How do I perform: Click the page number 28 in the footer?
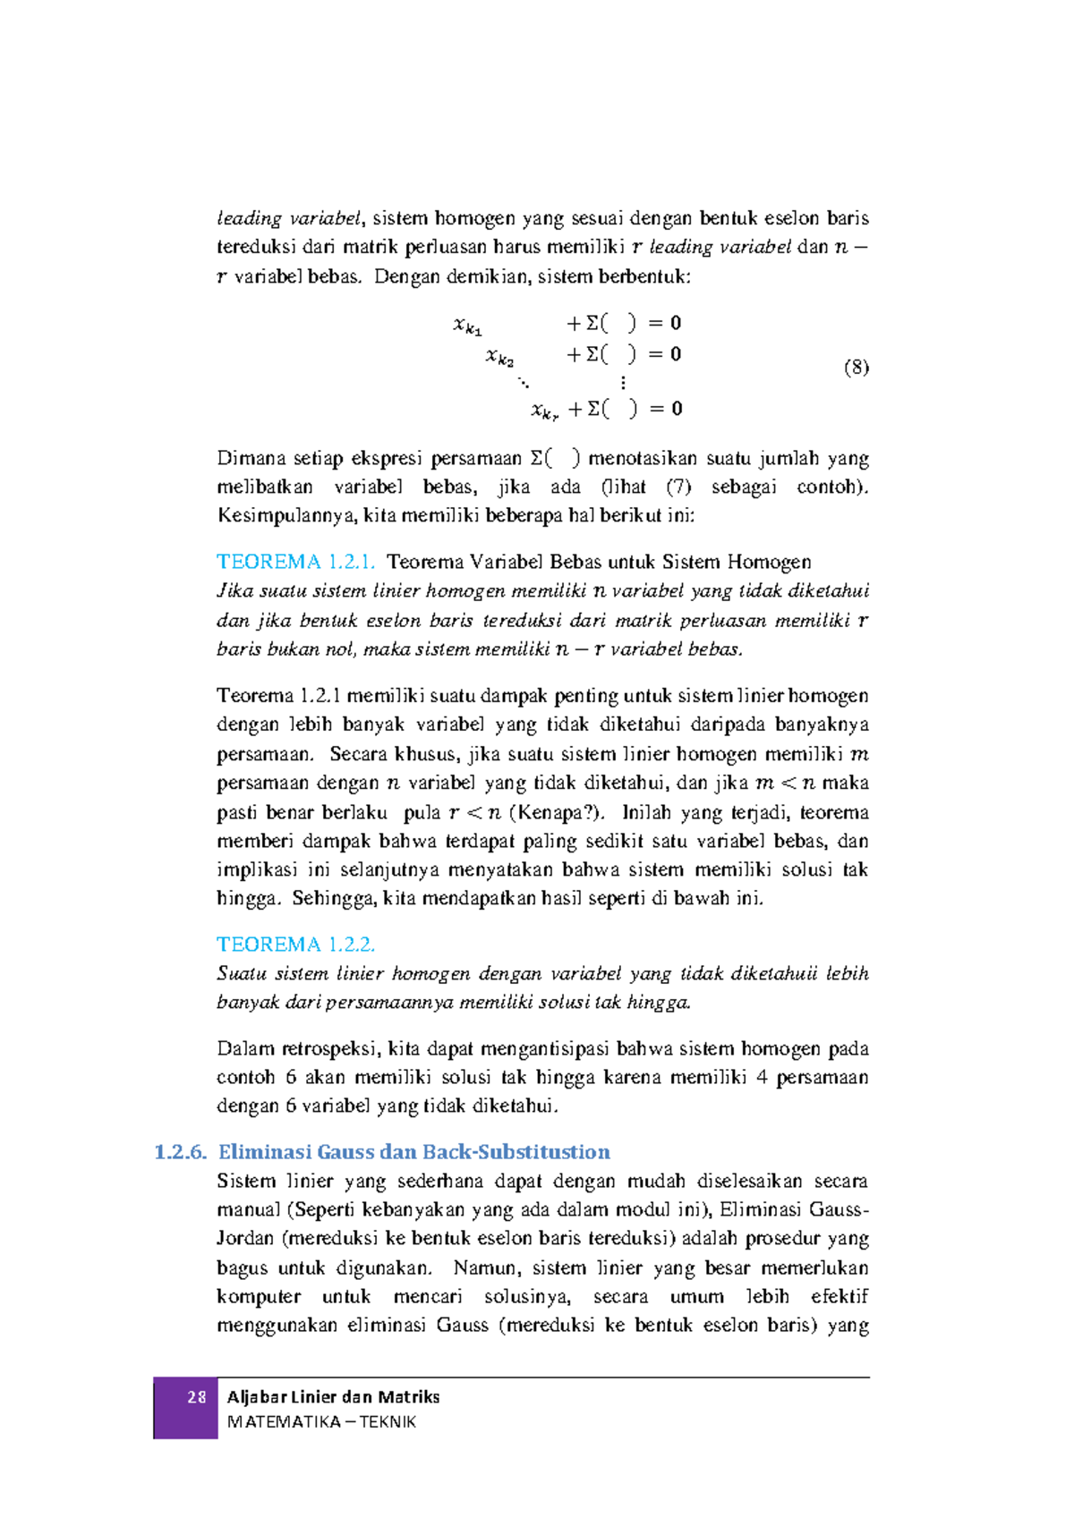point(196,1397)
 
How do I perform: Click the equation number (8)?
point(856,367)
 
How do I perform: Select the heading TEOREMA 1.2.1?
point(295,562)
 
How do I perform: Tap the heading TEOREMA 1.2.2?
point(295,945)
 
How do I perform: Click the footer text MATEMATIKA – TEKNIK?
point(321,1422)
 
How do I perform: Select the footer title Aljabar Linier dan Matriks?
point(333,1397)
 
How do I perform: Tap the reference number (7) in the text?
point(678,487)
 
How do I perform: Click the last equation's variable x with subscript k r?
point(544,411)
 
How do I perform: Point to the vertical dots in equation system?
point(623,383)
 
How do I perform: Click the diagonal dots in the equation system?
point(524,383)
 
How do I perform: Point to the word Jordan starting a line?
point(245,1239)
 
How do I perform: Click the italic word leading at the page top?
point(249,218)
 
